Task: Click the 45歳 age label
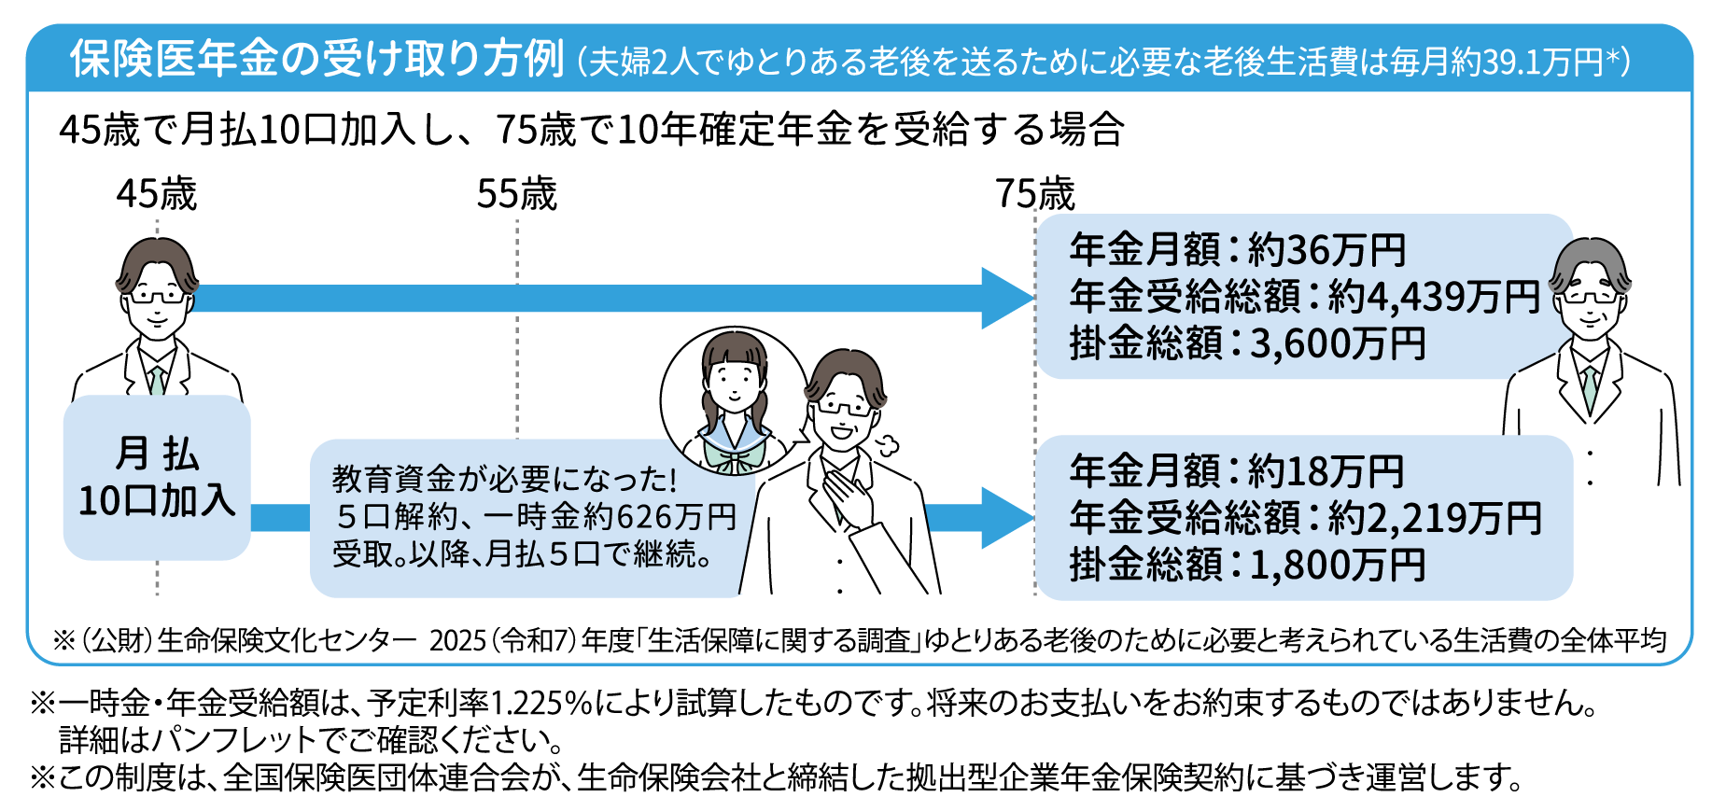click(x=157, y=194)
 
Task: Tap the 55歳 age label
click(x=516, y=194)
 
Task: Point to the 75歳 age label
click(x=1034, y=194)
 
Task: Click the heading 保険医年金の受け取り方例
click(x=317, y=59)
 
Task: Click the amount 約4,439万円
click(x=1434, y=297)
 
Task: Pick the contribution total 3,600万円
click(x=1338, y=343)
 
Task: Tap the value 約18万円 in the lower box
click(x=1326, y=471)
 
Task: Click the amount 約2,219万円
click(x=1434, y=518)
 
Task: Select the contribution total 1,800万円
click(x=1338, y=565)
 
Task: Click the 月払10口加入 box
click(x=157, y=478)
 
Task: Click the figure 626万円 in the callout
click(x=677, y=516)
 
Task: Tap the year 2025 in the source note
click(x=458, y=641)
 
